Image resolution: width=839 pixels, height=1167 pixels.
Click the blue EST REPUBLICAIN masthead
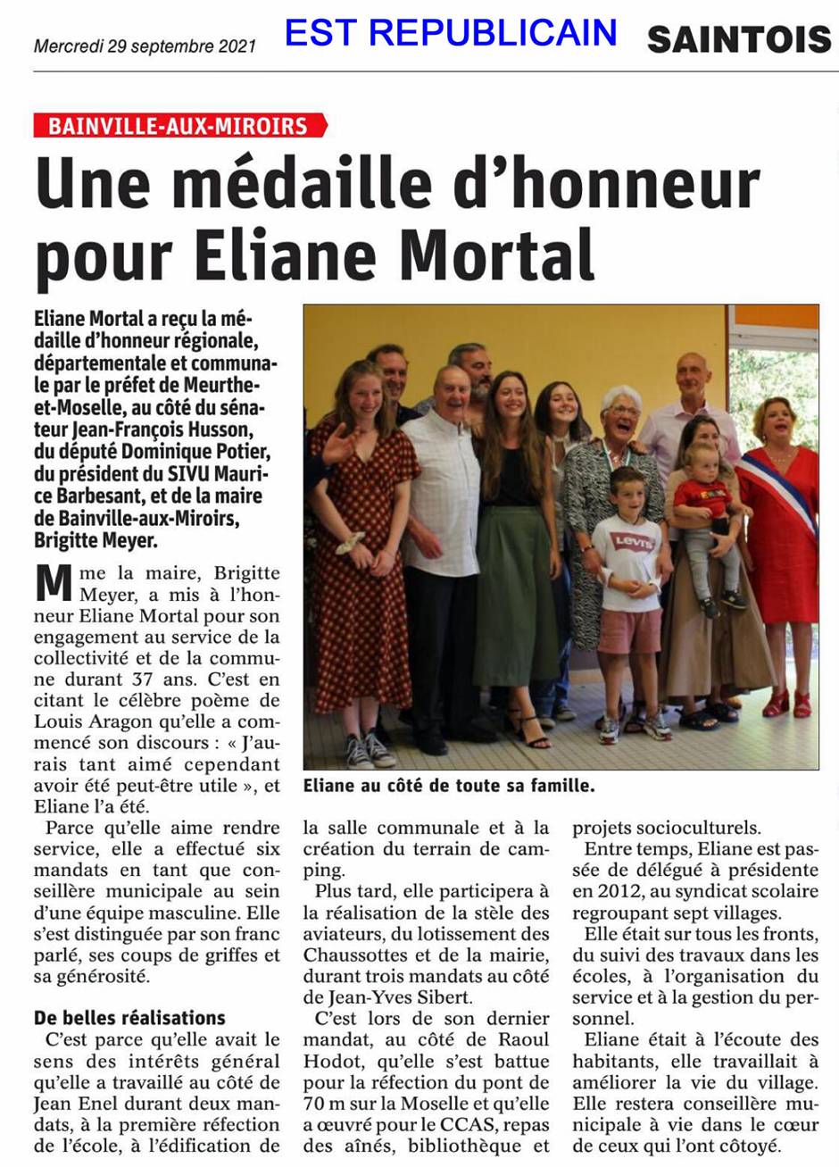(x=451, y=33)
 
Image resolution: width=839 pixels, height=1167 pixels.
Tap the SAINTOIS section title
(x=738, y=39)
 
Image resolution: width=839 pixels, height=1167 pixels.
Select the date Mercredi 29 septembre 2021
(x=145, y=46)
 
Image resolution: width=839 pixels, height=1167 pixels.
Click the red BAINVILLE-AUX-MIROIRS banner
(x=179, y=126)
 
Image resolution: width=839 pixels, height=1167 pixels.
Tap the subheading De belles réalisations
(x=129, y=1017)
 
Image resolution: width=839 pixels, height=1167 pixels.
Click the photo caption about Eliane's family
(x=448, y=787)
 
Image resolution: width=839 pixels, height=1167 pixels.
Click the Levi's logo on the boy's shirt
(x=632, y=542)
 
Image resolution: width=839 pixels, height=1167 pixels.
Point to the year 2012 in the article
(x=607, y=891)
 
